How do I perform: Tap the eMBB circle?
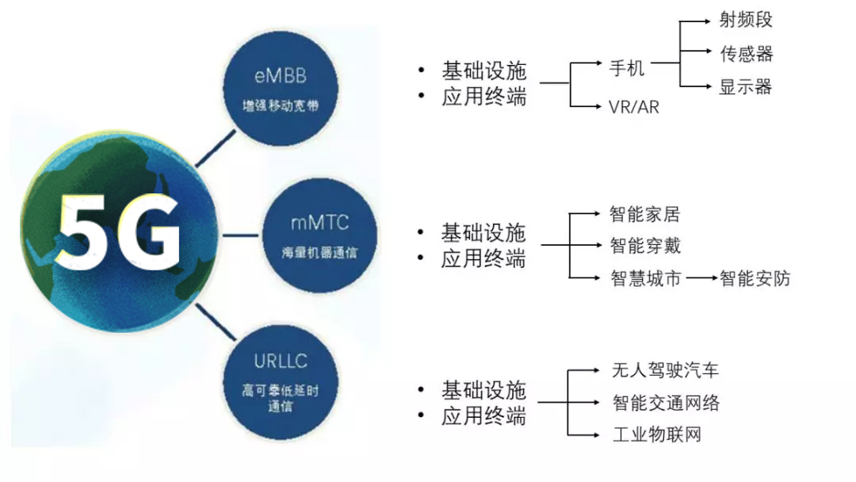click(x=281, y=88)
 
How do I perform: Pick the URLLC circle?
click(x=281, y=383)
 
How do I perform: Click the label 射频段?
click(x=745, y=20)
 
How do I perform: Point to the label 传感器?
click(x=745, y=54)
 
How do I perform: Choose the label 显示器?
click(x=745, y=87)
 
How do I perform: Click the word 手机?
click(x=626, y=68)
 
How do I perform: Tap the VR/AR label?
click(x=633, y=106)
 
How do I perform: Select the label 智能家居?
click(x=644, y=214)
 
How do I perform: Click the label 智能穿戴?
click(x=644, y=247)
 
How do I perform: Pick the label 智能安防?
click(x=755, y=278)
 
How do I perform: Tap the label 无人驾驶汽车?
click(x=665, y=370)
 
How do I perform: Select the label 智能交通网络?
click(x=666, y=403)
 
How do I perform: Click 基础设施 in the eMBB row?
click(x=483, y=71)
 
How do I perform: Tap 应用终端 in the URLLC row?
click(x=483, y=416)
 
